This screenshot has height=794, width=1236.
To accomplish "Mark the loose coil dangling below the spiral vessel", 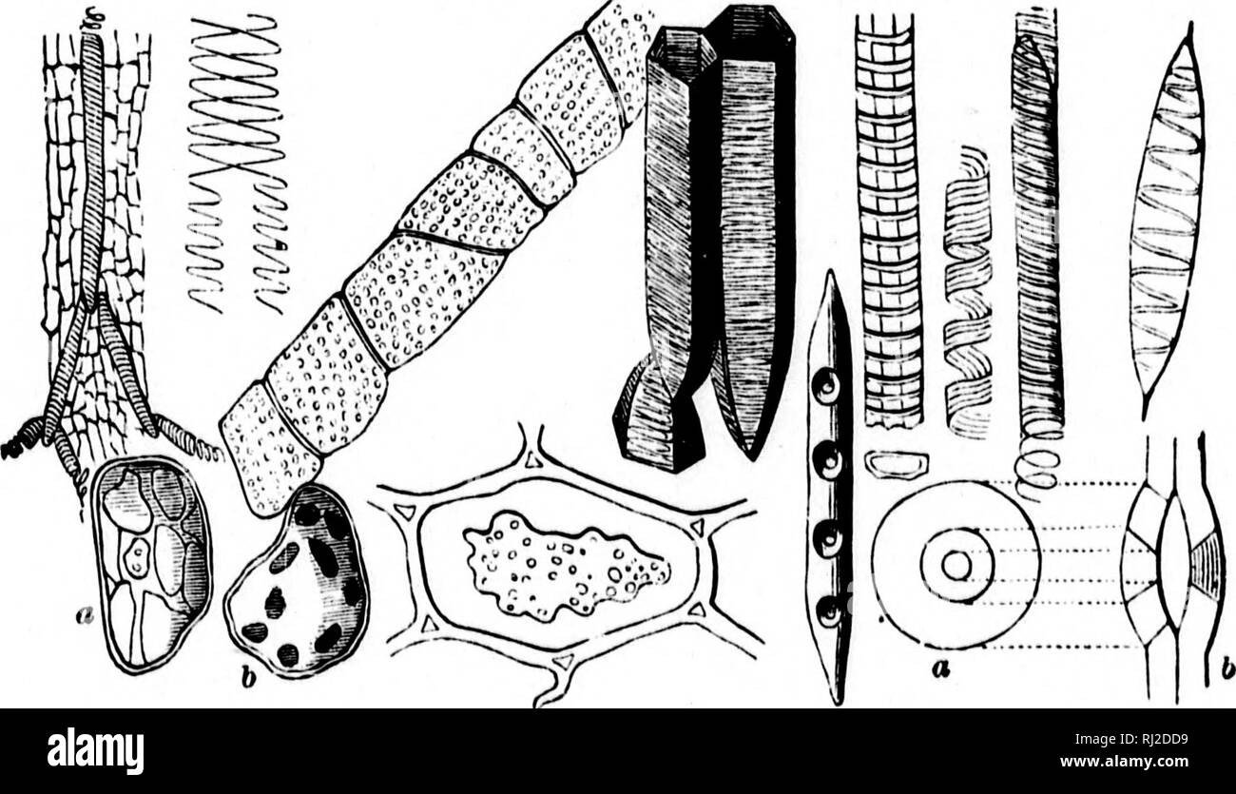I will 1038,466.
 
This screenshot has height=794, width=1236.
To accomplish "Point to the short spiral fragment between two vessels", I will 967,295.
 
